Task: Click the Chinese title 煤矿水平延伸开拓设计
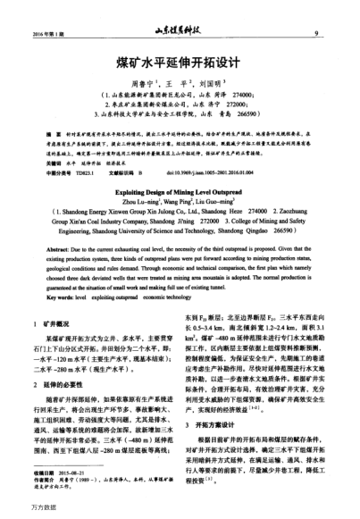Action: coord(180,64)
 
